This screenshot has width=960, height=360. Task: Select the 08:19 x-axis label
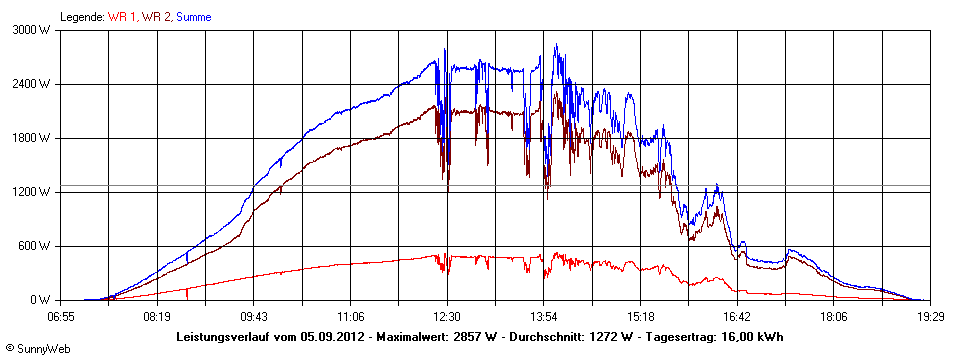[157, 315]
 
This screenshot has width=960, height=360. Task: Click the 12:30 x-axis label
[447, 315]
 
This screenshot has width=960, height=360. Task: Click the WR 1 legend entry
[122, 17]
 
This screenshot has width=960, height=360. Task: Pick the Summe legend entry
[193, 17]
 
